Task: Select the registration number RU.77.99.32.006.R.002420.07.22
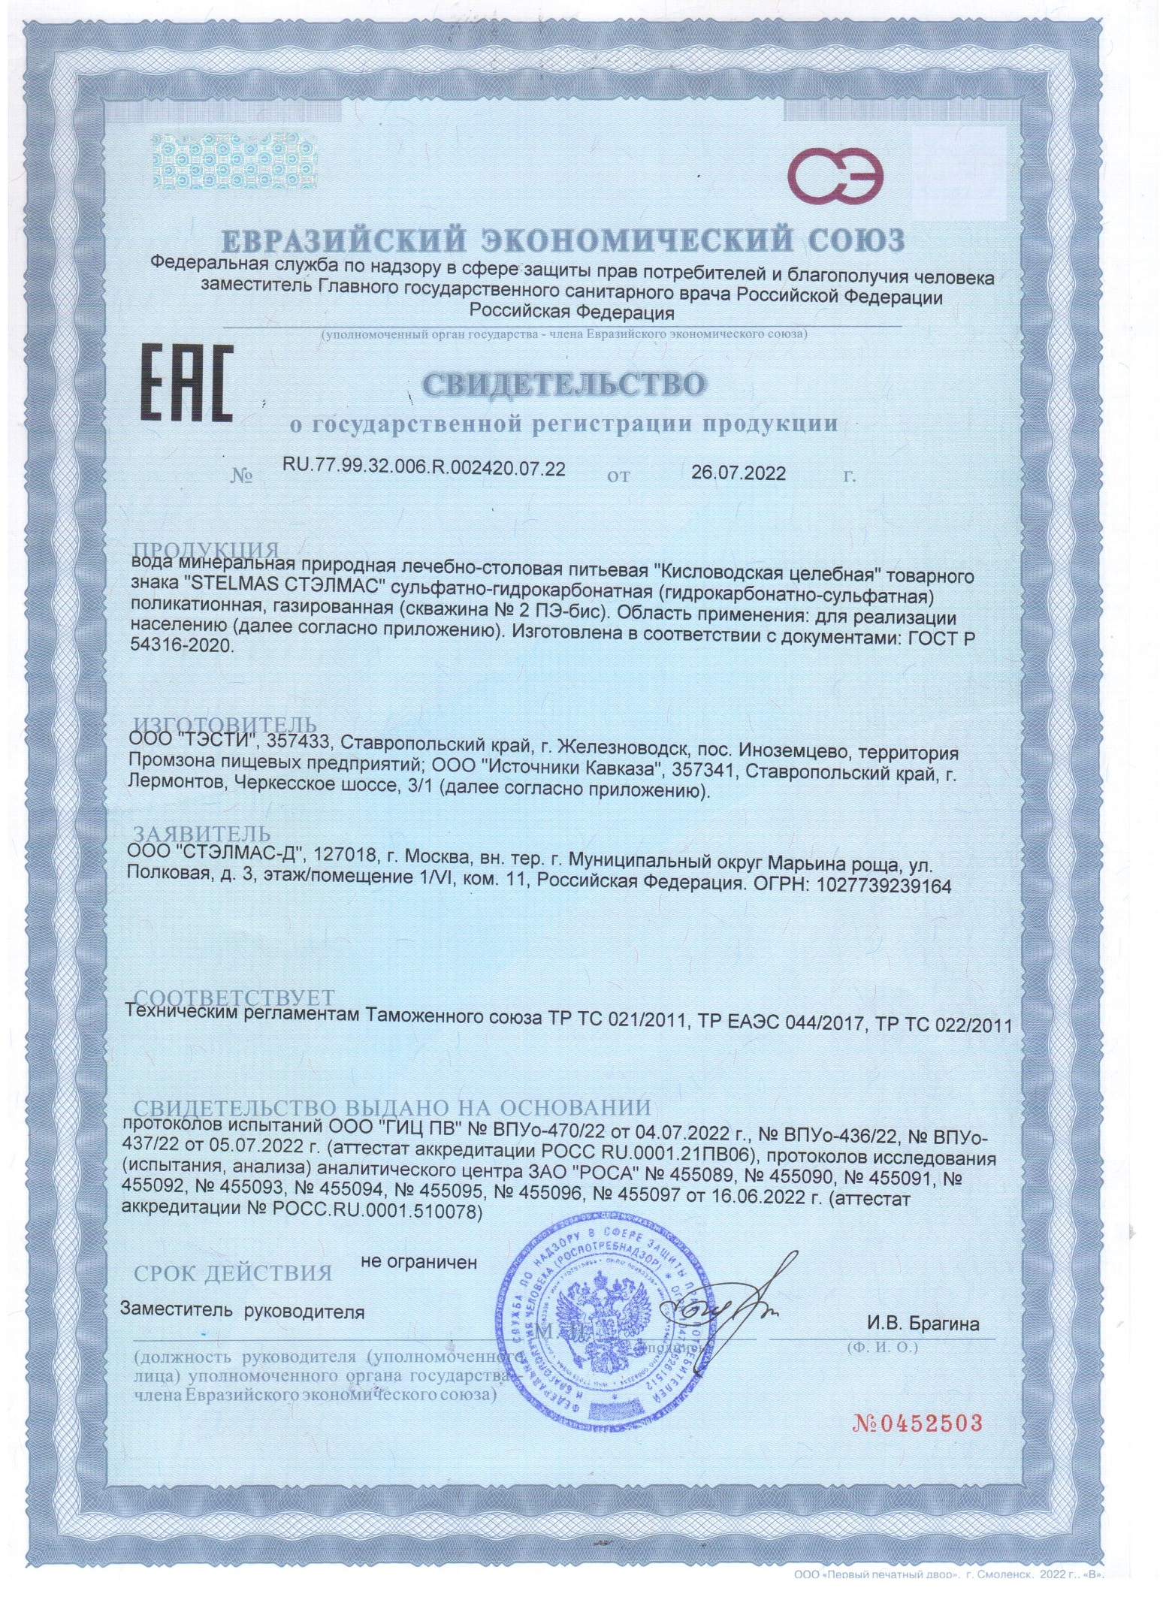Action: click(x=423, y=469)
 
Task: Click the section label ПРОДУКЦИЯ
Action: click(x=207, y=550)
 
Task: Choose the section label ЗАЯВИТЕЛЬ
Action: click(x=201, y=835)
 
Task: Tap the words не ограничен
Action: click(x=419, y=1262)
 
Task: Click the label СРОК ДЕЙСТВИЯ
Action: click(x=232, y=1273)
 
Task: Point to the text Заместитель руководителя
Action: click(x=243, y=1312)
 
